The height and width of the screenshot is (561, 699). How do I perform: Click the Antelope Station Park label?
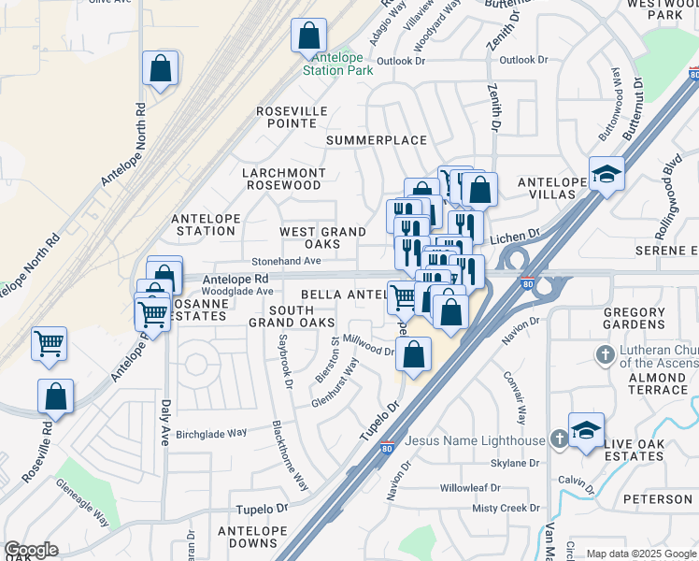(337, 64)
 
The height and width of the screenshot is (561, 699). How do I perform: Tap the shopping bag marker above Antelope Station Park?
(308, 36)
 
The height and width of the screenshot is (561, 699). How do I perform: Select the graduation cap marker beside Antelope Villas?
(606, 174)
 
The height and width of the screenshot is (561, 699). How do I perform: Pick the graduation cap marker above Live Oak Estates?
(586, 431)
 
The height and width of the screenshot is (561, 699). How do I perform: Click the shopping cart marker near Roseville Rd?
(49, 343)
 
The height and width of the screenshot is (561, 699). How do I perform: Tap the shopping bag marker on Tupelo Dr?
(413, 355)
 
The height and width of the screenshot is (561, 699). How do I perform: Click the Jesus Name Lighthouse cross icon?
(558, 439)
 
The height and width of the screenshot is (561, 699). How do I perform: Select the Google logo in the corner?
(31, 549)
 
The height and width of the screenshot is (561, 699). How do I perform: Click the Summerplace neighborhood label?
(376, 140)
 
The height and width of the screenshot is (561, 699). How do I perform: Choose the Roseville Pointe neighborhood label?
(292, 117)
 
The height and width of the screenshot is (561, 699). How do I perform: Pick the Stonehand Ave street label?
(285, 262)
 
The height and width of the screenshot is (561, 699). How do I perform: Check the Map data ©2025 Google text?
(641, 554)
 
